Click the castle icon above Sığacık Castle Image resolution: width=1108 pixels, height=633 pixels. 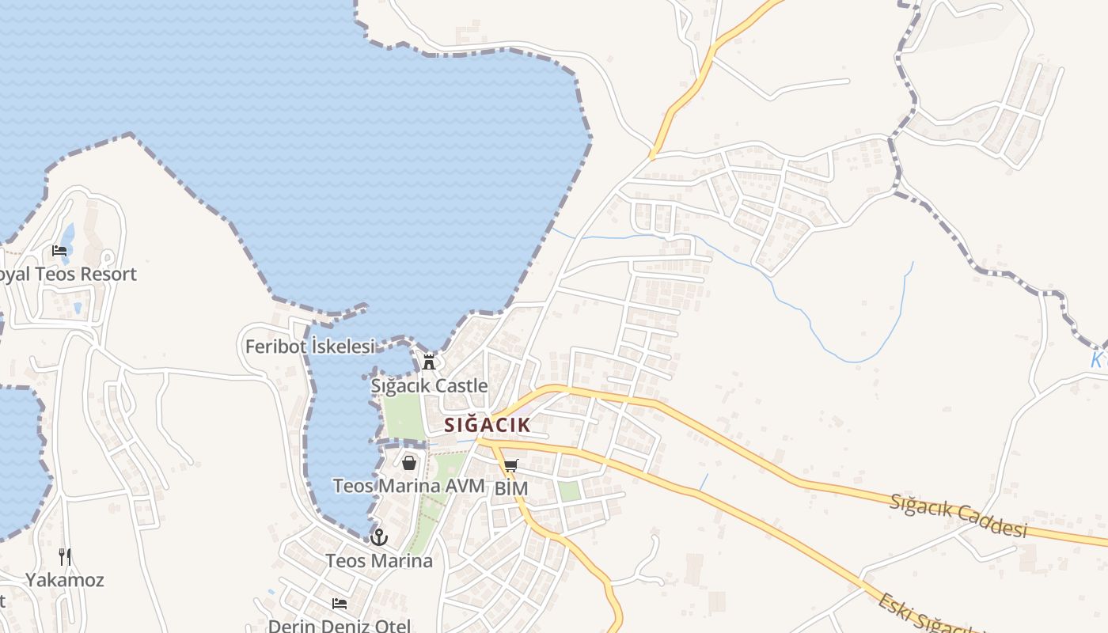coord(429,362)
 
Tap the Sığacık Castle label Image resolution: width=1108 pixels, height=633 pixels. coord(429,386)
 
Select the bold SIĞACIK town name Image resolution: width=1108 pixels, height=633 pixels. coord(487,425)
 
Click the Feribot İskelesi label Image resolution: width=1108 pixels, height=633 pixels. coord(309,347)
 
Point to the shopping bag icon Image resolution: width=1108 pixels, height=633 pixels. coord(409,463)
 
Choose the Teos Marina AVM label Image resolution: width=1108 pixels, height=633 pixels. coord(408,486)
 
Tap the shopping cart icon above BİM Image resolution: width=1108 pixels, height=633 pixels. coord(511,466)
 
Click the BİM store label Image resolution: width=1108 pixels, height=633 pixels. coord(511,489)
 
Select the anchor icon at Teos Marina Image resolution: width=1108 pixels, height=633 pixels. coord(380,538)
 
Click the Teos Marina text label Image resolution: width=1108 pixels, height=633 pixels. coord(380,561)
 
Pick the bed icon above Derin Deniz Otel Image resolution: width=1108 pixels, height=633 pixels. coord(340,604)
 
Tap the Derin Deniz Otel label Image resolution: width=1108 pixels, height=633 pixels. coord(340,625)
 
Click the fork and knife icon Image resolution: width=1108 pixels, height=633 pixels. coord(65,557)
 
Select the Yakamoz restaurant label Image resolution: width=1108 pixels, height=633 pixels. coord(65,580)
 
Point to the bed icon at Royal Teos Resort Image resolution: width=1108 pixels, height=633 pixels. coord(59,251)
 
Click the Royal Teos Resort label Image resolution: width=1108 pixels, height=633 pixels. coord(68,275)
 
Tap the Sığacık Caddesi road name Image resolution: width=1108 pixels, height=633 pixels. coord(958,515)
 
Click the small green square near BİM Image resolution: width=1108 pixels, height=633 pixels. coord(569,491)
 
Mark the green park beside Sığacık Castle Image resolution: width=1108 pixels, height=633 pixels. coord(404,415)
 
